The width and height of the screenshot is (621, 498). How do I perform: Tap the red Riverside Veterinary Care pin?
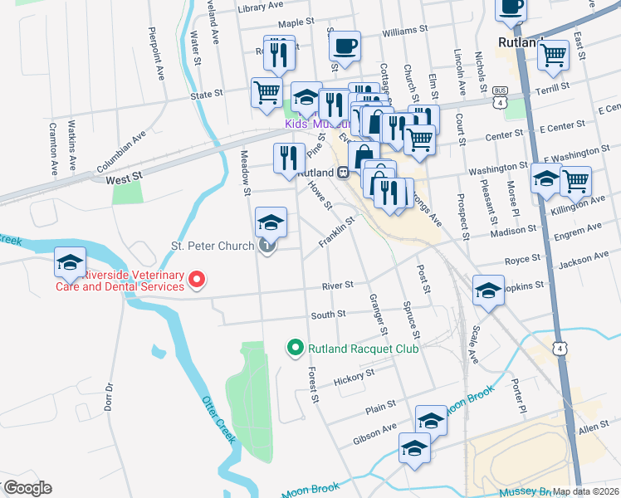pos(197,281)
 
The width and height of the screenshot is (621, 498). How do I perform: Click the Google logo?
pos(27,487)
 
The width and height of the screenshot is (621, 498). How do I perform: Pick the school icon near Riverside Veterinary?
pos(70,262)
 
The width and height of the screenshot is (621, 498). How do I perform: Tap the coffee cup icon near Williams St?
pos(345,46)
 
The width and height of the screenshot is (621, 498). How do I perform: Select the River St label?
pos(338,285)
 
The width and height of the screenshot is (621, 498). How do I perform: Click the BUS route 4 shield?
pos(499,96)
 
